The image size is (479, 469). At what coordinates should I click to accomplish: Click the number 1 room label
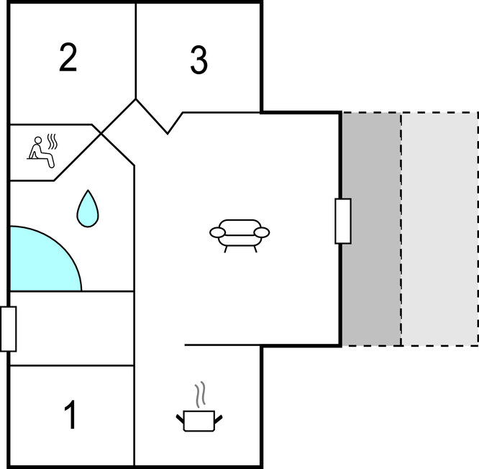coord(70,414)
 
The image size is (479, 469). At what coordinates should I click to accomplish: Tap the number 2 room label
coord(68,58)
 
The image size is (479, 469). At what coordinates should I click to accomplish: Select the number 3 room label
coord(199,60)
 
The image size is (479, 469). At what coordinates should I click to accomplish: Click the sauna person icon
coord(41,152)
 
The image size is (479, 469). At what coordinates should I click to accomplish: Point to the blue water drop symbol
coord(88,209)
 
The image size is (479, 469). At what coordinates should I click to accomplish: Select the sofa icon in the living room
coord(240,235)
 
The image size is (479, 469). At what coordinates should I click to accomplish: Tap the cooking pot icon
coord(199,421)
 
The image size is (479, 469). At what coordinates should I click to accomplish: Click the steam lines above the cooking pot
coord(200,394)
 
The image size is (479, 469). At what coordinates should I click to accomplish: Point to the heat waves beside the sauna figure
coord(53,142)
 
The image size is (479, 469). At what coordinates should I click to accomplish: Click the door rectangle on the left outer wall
coord(8,329)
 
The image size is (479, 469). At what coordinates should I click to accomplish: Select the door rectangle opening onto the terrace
coord(343,221)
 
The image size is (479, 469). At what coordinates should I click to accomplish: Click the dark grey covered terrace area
coord(371,229)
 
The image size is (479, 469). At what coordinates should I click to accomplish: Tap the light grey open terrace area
coord(439,229)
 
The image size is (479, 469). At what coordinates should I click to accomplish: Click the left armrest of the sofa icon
coord(217,232)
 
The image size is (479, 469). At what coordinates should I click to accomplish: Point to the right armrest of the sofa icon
coord(262,232)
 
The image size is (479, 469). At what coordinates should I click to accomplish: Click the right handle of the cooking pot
coord(219,419)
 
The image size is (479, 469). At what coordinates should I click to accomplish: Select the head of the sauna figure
coord(38,140)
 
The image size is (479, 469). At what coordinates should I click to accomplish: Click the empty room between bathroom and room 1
coord(72,329)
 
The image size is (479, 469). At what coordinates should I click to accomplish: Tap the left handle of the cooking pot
coord(181,419)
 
